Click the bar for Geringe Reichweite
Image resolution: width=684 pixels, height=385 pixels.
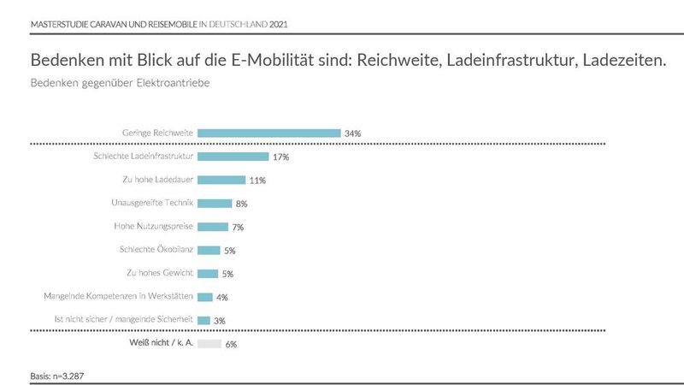268,133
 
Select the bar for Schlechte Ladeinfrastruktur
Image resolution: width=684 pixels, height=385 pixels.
233,157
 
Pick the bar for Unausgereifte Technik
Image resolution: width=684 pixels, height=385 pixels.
215,204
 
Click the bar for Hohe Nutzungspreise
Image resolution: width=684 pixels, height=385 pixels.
212,227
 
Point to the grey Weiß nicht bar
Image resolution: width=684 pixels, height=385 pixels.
209,343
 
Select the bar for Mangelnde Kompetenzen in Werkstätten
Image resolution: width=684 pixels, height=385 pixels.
205,297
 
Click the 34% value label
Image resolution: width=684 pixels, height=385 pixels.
352,133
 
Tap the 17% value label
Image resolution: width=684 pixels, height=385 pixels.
280,157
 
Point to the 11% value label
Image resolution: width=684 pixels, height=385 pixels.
257,181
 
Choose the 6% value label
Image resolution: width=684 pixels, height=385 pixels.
230,344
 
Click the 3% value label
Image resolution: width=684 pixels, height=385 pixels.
219,321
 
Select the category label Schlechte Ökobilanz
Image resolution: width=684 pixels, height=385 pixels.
157,250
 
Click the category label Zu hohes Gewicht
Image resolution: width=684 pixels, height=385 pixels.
160,274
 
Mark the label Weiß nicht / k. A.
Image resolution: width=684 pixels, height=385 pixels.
159,343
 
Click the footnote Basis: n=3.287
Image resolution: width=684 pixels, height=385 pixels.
56,374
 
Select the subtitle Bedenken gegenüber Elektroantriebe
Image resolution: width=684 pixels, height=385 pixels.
120,84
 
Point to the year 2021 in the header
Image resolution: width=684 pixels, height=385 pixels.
278,23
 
